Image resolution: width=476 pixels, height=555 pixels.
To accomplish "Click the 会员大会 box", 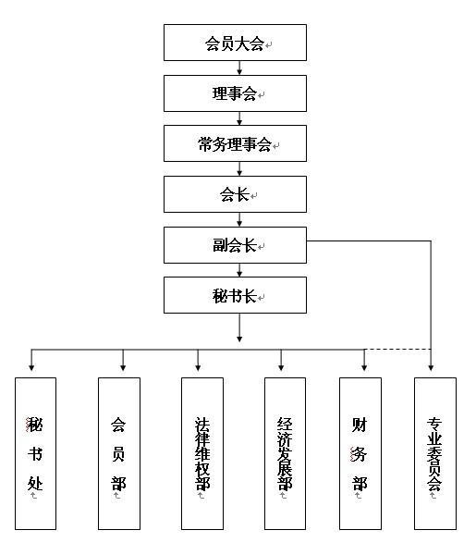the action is pos(235,43).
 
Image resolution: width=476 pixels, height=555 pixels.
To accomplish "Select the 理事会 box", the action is pos(235,93).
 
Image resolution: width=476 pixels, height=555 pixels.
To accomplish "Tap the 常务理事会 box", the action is pos(235,143).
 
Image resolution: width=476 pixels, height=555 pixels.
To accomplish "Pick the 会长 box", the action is pos(235,194).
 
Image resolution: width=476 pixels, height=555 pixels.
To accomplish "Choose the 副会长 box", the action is pos(235,245).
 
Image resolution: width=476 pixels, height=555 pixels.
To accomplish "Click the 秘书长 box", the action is pos(235,295).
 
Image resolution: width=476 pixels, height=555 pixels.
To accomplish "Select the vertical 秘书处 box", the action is pos(35,453).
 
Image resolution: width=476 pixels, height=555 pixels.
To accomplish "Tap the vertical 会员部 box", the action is pos(119,453).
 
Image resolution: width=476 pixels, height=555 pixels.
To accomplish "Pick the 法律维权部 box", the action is pos(202,453).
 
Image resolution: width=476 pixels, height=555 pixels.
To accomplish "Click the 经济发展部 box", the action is pos(285,453).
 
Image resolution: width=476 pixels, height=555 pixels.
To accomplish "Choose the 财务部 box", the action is pos(360,453).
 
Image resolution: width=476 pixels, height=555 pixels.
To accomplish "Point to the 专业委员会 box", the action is pos(435,453).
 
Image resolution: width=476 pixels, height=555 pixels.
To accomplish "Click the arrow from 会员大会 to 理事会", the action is pos(239,68).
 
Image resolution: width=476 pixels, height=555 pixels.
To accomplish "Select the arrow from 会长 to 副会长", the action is pos(239,219).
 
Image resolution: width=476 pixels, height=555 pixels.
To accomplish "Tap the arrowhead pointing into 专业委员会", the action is pos(431,368).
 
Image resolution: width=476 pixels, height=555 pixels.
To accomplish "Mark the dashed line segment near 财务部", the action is pos(397,350).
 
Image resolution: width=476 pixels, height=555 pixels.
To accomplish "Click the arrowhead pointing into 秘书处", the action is pos(31,368).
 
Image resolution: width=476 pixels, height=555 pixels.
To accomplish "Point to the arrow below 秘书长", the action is pos(239,327).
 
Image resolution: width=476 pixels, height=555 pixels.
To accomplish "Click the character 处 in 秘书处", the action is pos(35,483).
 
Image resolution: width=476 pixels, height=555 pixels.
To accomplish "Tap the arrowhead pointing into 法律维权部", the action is pos(198,368).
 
